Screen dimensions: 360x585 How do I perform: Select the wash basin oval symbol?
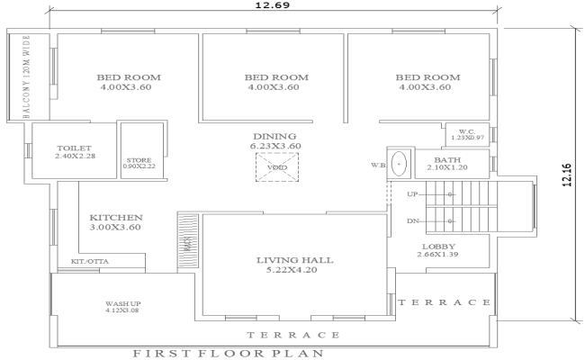(399, 165)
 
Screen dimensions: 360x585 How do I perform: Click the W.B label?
(378, 166)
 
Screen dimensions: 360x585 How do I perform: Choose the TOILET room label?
(75, 148)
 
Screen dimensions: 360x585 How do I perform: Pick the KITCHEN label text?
(116, 218)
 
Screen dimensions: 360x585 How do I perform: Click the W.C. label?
(466, 130)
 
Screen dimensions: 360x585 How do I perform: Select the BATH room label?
(447, 159)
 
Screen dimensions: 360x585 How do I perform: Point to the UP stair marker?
(413, 194)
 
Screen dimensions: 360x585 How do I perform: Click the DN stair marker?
(413, 220)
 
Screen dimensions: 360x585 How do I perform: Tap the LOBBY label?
(438, 246)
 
